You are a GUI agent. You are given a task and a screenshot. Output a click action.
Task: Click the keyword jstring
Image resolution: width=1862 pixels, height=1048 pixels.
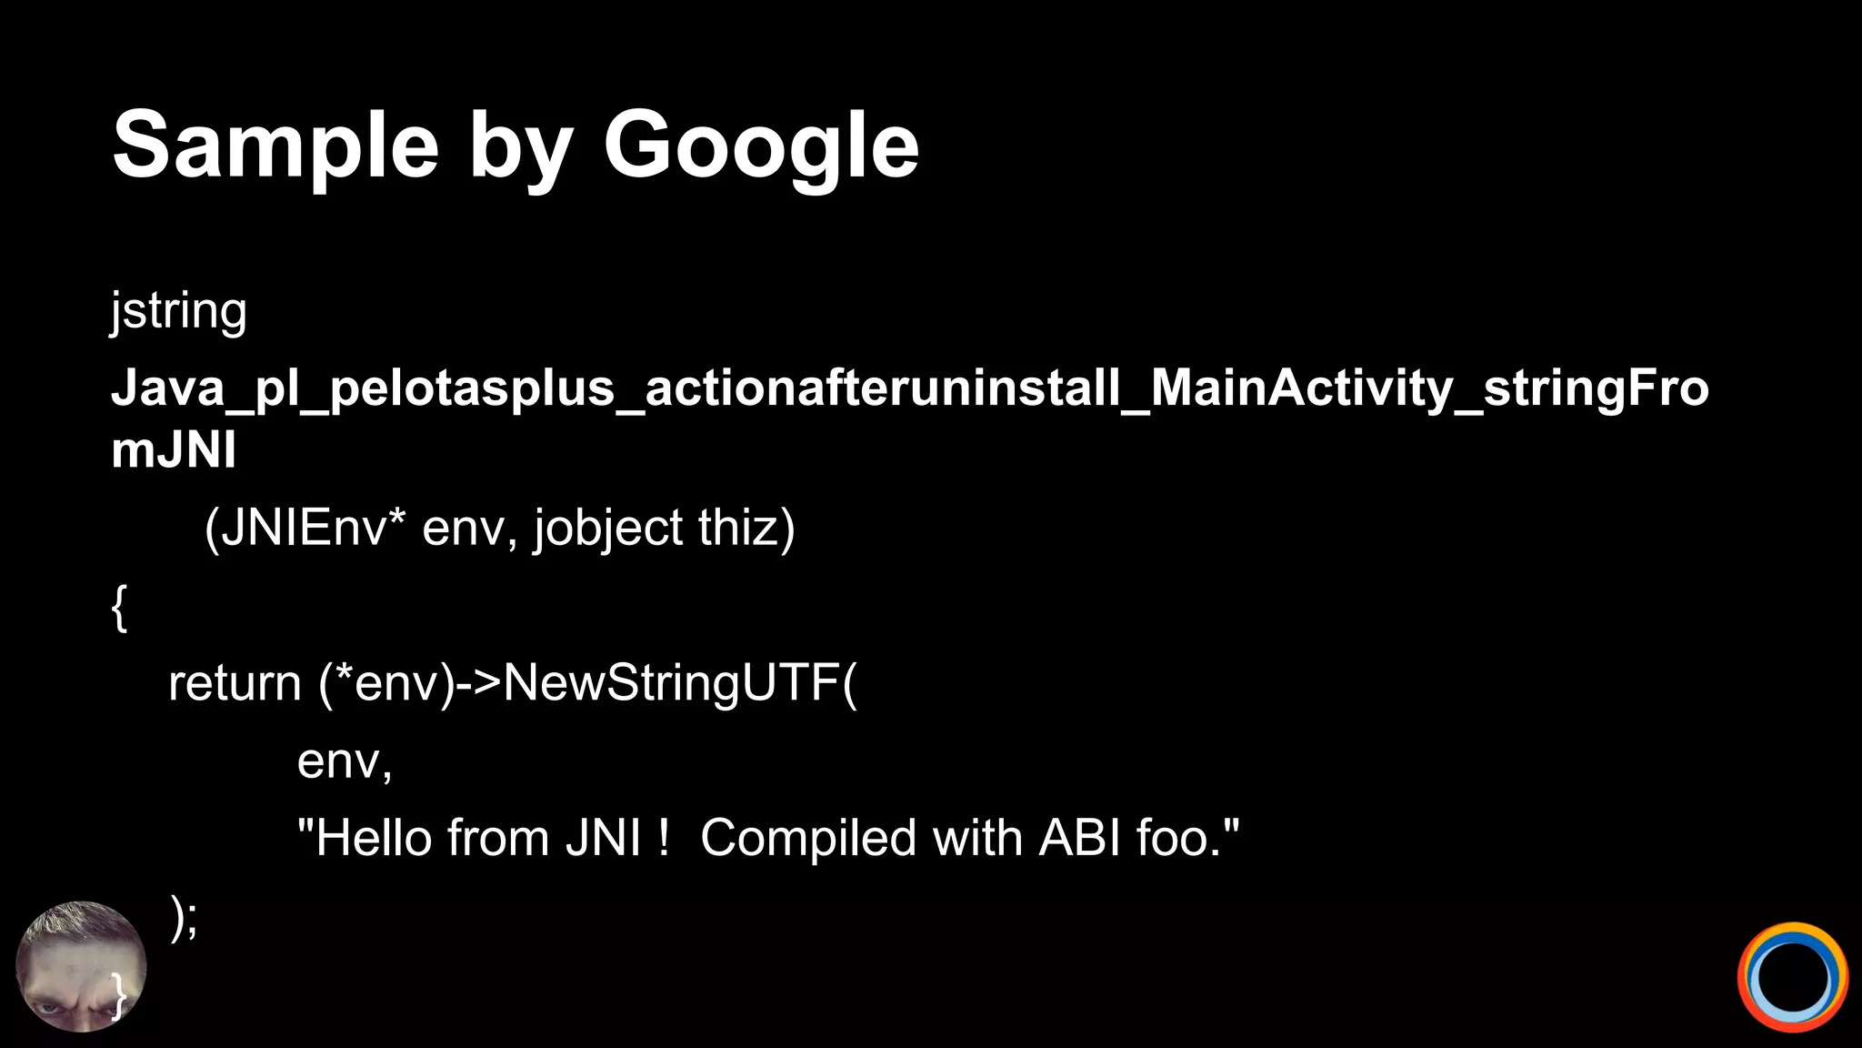point(178,312)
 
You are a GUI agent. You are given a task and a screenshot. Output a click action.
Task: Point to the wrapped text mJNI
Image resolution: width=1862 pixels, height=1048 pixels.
point(173,449)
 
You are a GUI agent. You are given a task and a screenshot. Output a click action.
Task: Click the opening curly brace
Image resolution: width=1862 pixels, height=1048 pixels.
point(119,607)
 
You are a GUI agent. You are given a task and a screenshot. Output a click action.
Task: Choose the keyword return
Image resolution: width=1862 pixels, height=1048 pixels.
point(235,683)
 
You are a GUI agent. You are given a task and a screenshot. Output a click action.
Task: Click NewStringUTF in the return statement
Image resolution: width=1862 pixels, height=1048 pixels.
point(671,683)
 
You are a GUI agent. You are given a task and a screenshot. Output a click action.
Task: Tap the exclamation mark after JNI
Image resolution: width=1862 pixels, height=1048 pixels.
point(664,838)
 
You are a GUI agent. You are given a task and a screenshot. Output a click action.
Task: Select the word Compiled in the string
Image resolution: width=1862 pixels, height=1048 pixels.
point(807,838)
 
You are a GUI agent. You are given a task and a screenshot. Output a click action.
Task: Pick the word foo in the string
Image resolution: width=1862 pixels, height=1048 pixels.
point(1177,838)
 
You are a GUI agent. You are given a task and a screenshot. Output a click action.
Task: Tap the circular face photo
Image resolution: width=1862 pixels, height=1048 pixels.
point(81,967)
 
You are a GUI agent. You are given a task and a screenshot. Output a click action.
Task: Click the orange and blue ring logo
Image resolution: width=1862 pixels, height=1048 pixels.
point(1792,977)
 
